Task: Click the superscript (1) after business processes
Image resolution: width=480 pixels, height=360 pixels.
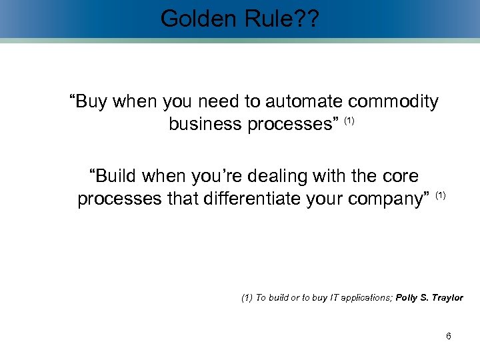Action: [x=349, y=121]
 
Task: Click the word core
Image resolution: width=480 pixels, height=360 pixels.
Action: [x=399, y=177]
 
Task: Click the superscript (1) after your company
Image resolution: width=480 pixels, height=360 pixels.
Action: [x=441, y=195]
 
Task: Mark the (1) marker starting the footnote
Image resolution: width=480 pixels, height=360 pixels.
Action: [x=247, y=298]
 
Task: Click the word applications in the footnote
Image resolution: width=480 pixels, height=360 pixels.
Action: [x=366, y=298]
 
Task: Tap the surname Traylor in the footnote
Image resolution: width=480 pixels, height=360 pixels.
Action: [x=447, y=298]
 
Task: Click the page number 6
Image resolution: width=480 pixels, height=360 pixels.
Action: [x=448, y=337]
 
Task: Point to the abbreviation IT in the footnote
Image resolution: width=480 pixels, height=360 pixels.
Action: [x=334, y=298]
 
